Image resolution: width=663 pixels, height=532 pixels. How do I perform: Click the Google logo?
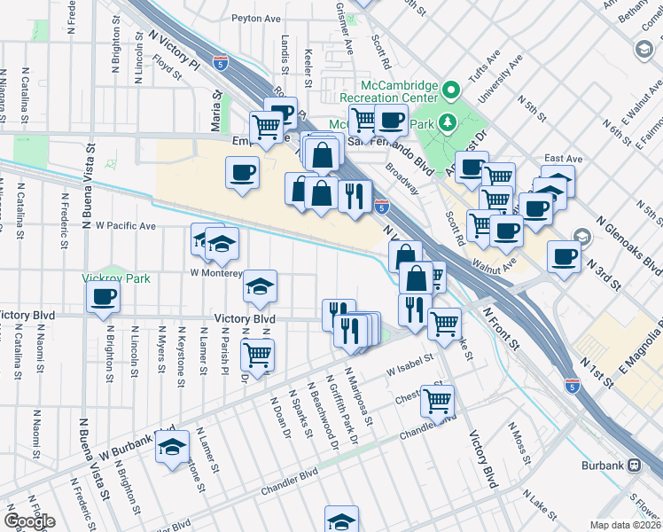coord(28,521)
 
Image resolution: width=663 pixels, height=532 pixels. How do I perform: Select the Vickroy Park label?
coord(116,278)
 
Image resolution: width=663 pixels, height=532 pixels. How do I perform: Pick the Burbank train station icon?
coord(635,465)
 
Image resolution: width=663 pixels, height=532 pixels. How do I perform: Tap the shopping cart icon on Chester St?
coord(437,401)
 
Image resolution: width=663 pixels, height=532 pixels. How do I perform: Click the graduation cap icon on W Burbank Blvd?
coord(174,450)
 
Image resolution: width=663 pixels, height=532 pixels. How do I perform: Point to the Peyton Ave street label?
coord(255,18)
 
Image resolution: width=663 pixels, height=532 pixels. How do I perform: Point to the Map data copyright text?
coord(626,525)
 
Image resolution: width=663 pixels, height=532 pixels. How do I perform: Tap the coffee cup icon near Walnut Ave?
coord(506,231)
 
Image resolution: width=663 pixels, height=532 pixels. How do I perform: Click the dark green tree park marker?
coord(445,121)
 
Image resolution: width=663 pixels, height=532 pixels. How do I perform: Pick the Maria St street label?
coord(214,93)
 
